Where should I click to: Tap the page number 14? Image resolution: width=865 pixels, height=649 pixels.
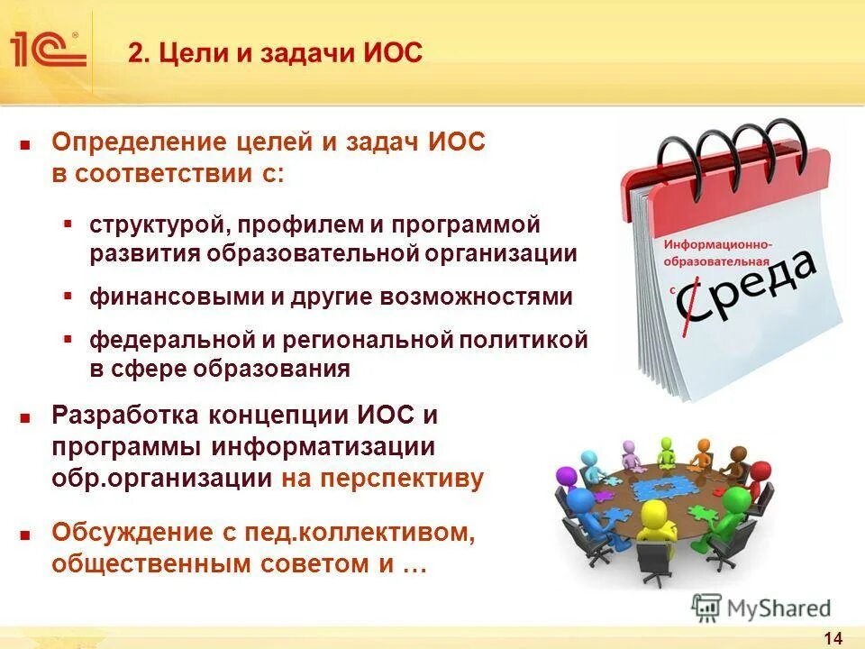[833, 638]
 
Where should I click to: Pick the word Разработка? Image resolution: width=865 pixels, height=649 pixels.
[125, 416]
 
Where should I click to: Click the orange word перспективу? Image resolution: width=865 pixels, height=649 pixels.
[383, 478]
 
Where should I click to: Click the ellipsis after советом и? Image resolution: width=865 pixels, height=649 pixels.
[413, 565]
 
